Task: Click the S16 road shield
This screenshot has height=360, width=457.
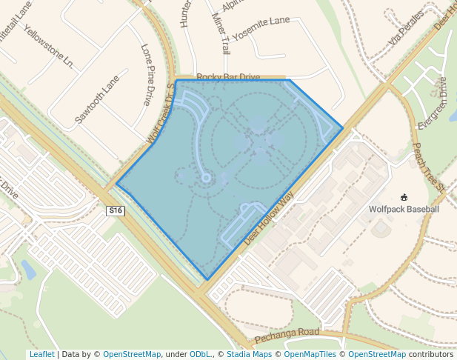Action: click(x=115, y=211)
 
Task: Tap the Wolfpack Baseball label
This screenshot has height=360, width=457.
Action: click(x=404, y=210)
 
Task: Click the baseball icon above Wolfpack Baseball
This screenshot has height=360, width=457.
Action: click(x=404, y=197)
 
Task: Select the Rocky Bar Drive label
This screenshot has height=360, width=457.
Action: click(x=228, y=77)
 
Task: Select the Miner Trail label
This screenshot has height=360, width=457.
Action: click(x=221, y=33)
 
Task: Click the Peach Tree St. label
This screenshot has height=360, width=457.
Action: click(x=429, y=167)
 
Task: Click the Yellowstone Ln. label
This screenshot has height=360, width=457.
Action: click(x=49, y=47)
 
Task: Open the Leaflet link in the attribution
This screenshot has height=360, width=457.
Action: click(x=41, y=354)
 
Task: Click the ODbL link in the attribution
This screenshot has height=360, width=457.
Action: click(x=199, y=354)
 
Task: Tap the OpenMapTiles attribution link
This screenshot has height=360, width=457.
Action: click(x=312, y=354)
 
